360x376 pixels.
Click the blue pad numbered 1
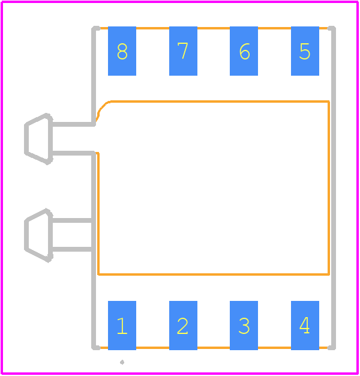[x=122, y=326]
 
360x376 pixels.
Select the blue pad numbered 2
[x=183, y=326]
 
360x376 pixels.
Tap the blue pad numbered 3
[x=244, y=326]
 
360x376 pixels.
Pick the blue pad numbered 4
[x=305, y=326]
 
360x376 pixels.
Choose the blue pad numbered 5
[x=305, y=51]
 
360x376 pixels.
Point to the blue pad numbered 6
[x=244, y=51]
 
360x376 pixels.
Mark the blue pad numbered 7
[x=183, y=51]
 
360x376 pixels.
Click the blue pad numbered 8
[x=122, y=51]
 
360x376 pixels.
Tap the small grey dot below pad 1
[x=122, y=362]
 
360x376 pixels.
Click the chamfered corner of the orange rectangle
[x=103, y=107]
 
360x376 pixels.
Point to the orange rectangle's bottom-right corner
[x=329, y=274]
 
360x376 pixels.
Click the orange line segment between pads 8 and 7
[x=152, y=28]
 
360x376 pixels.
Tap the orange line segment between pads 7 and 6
[x=214, y=28]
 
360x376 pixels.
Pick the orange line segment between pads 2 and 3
[x=214, y=348]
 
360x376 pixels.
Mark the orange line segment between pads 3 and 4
[x=274, y=348]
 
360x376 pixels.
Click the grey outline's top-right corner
[x=333, y=28]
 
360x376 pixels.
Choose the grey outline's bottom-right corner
[x=333, y=348]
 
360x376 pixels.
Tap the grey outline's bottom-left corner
[x=94, y=348]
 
